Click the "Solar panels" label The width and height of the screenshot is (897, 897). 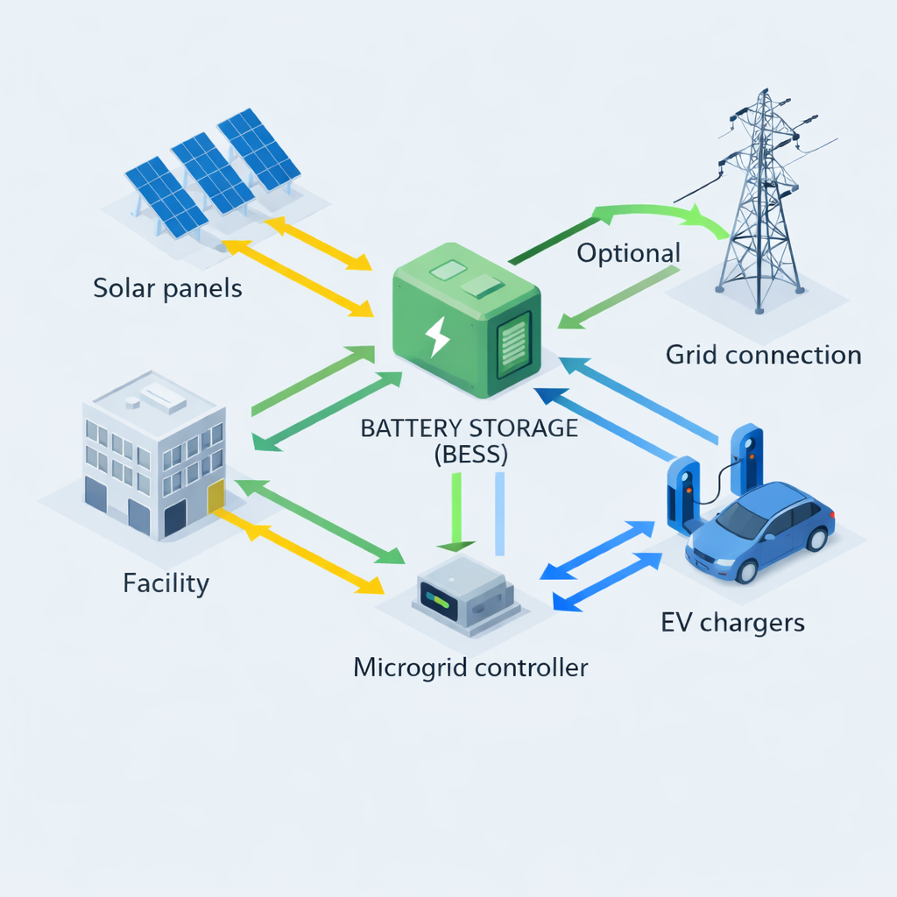point(167,287)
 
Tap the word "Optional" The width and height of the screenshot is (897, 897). point(628,253)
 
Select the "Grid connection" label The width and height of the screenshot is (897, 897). point(763,355)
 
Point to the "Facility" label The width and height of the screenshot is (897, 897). point(166,583)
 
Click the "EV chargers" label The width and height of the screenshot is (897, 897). point(732,623)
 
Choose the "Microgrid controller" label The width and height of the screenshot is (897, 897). point(470,667)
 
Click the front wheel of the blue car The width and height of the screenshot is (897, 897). point(747,570)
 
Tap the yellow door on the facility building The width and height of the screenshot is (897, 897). point(215,498)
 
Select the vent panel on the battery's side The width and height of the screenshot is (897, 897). point(513,345)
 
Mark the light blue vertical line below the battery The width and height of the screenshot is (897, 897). point(500,513)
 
